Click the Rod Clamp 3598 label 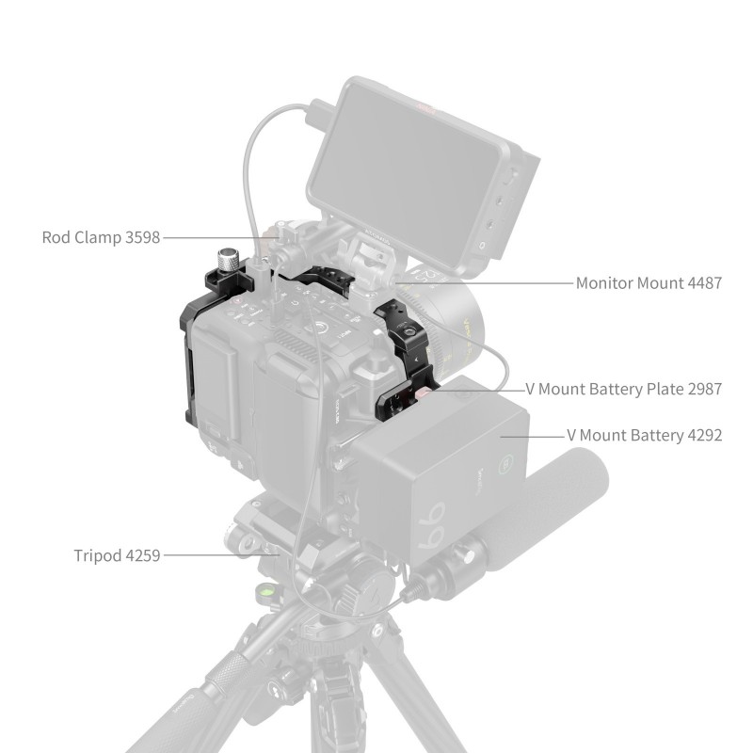click(x=101, y=237)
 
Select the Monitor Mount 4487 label click(x=649, y=283)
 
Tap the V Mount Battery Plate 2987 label click(x=624, y=389)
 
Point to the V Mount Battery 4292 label click(x=645, y=435)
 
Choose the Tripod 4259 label click(x=117, y=555)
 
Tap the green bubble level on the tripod click(x=265, y=589)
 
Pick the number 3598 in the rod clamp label click(x=143, y=237)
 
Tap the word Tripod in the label click(x=98, y=555)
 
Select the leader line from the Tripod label click(x=221, y=555)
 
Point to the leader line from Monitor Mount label click(x=485, y=283)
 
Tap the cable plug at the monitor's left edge click(x=319, y=114)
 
